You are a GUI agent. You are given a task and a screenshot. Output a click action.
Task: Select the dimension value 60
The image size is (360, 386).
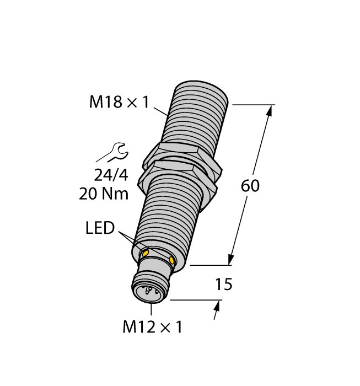point(250,186)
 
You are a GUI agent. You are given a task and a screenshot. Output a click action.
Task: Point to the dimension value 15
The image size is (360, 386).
point(223,285)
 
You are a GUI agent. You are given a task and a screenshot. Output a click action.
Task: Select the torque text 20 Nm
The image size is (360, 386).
point(105,194)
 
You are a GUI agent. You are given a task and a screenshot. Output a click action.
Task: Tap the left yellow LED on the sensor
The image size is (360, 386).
point(146,253)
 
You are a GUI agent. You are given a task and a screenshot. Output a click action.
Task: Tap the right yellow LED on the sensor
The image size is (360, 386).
point(173,260)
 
